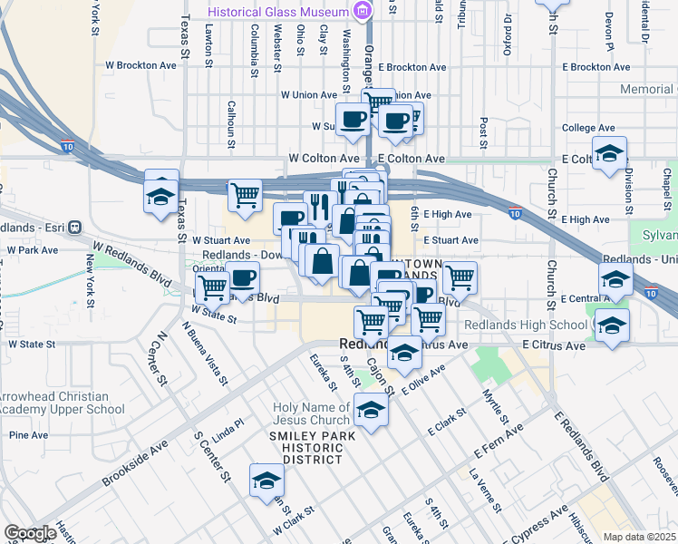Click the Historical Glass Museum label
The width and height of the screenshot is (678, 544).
coord(277,12)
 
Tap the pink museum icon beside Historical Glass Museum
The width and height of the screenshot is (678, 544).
coord(363,12)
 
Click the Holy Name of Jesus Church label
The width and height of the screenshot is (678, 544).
coord(311,413)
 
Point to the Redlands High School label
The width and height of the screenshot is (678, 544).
coord(525,325)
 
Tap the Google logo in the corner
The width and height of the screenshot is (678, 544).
coord(30,533)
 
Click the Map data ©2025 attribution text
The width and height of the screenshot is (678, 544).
coord(640,537)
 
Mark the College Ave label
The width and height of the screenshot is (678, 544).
coord(588,129)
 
